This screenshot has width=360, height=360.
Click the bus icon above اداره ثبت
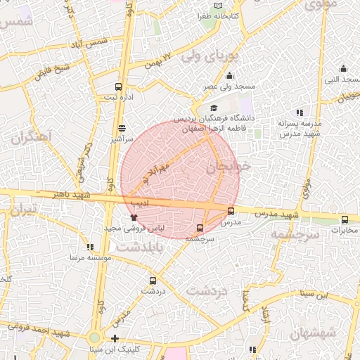pyautogui.click(x=118, y=88)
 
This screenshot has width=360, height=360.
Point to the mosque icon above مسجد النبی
pyautogui.click(x=343, y=68)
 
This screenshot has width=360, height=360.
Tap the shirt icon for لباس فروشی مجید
pyautogui.click(x=133, y=217)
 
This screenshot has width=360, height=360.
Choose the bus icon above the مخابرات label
pyautogui.click(x=345, y=219)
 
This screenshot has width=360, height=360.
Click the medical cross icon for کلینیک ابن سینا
pyautogui.click(x=115, y=339)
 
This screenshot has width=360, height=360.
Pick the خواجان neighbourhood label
pyautogui.click(x=229, y=168)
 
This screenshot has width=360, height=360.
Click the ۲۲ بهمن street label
pyautogui.click(x=159, y=59)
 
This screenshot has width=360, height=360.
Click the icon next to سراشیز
pyautogui.click(x=123, y=129)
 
